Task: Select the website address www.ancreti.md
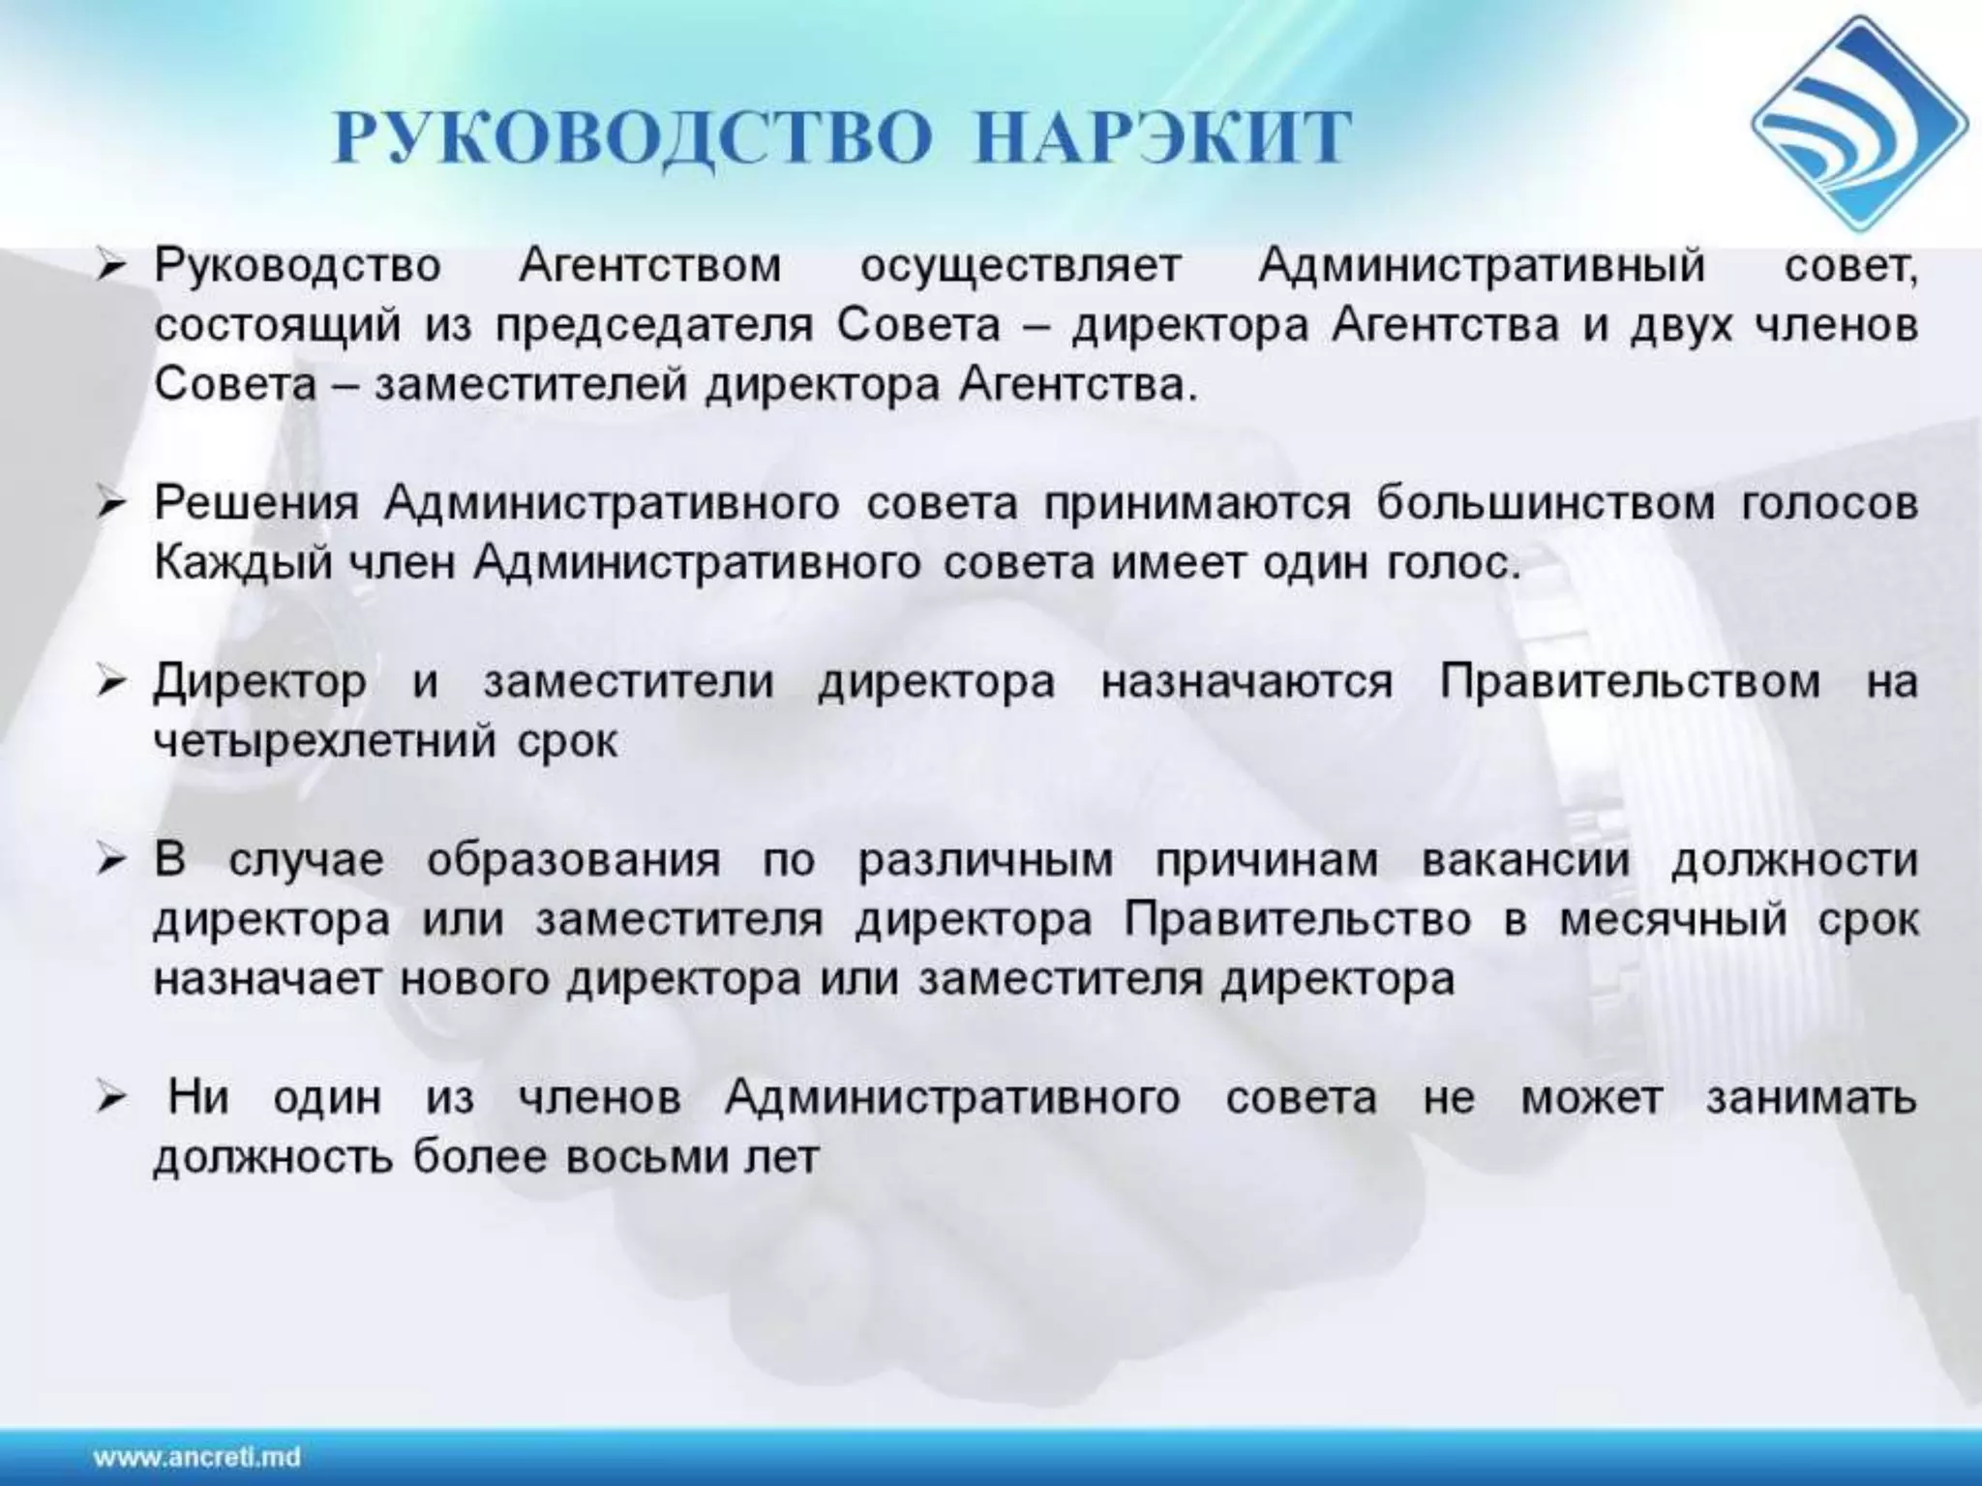[x=197, y=1457]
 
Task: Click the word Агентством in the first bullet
[x=649, y=266]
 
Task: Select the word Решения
[x=256, y=505]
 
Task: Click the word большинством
[x=1546, y=505]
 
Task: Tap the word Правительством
[x=1630, y=682]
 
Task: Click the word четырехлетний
[x=325, y=743]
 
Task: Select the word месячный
[x=1673, y=920]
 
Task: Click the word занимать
[x=1811, y=1099]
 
